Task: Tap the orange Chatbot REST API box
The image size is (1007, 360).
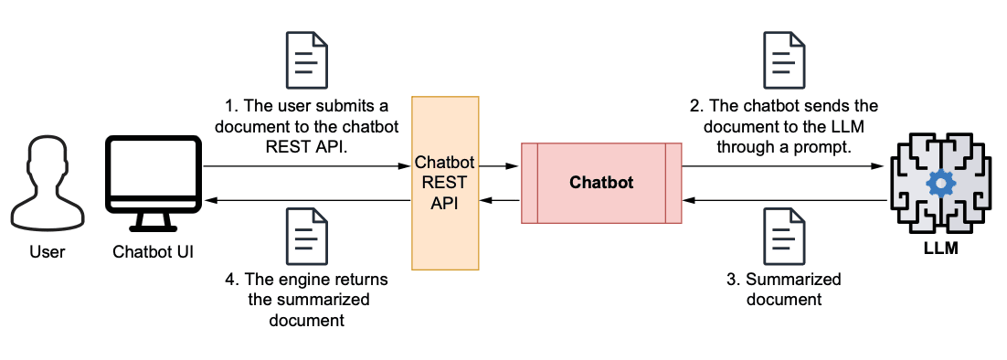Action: (445, 183)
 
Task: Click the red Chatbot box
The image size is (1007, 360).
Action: (601, 183)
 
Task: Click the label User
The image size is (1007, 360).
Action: (47, 250)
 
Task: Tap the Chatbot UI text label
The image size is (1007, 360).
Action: (154, 250)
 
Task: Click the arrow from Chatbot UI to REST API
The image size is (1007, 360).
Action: (306, 166)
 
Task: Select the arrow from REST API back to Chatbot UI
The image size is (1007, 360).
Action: (306, 199)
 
